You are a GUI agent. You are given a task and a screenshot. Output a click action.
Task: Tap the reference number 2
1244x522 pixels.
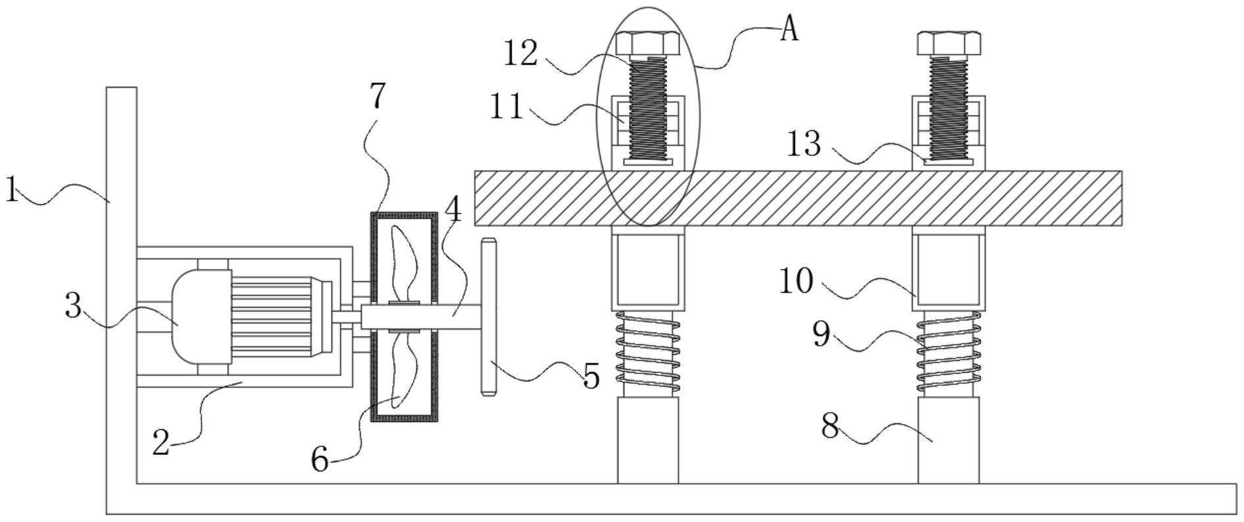tap(161, 442)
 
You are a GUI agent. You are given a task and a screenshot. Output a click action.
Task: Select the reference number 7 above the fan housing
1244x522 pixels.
tap(377, 96)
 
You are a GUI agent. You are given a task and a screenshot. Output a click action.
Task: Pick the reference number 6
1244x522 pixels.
tap(320, 460)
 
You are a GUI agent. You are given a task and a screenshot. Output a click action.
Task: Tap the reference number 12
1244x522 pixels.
tap(520, 54)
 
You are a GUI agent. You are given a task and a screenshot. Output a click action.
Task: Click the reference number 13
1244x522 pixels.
tap(804, 143)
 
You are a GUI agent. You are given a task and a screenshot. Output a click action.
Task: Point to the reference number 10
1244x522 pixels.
tap(796, 281)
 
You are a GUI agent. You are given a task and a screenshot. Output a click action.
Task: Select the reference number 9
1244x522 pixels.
tap(822, 334)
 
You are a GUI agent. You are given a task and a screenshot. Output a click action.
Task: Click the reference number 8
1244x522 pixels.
tap(830, 427)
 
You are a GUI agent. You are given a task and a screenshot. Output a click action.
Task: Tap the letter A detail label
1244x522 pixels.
tap(789, 30)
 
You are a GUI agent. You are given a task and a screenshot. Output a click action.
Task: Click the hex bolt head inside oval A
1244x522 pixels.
tap(648, 43)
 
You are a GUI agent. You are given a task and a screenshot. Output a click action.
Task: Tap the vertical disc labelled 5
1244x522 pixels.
tap(487, 317)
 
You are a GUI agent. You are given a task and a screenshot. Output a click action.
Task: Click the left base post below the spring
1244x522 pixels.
tap(648, 440)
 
